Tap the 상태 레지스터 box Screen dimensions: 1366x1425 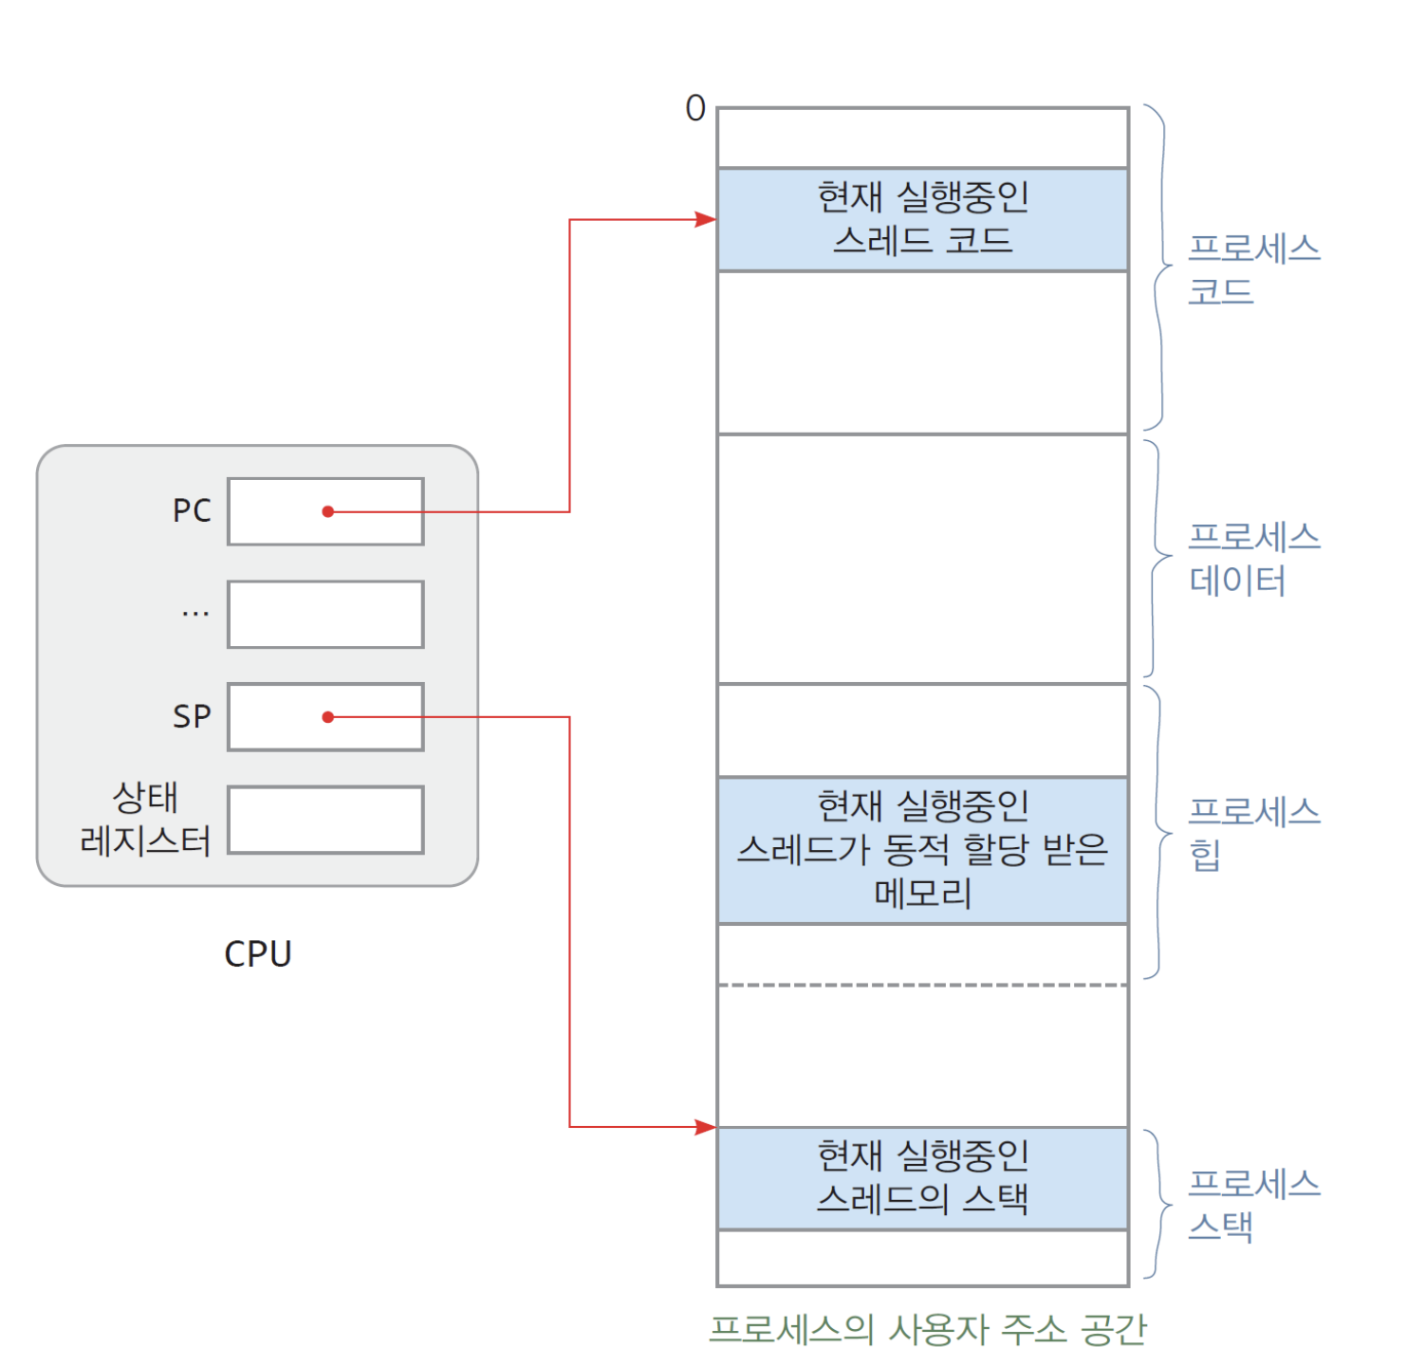(325, 820)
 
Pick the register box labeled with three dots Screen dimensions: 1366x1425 (325, 615)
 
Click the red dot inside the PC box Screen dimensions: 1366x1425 (327, 511)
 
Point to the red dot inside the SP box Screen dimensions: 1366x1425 (327, 717)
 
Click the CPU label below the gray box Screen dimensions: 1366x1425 (257, 953)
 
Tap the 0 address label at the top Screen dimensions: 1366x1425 (695, 109)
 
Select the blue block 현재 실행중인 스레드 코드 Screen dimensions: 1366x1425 (922, 220)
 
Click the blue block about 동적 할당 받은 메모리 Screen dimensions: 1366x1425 (922, 850)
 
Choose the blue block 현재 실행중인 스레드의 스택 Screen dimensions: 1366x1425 (922, 1178)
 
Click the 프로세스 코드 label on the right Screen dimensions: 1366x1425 (1252, 269)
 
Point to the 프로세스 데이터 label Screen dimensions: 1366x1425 (1252, 559)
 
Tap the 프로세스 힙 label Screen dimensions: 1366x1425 (1252, 832)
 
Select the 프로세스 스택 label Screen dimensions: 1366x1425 (1252, 1205)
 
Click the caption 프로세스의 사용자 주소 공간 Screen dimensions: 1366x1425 (927, 1330)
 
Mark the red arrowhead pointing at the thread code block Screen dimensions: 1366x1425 (705, 220)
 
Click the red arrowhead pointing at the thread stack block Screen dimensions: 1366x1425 (705, 1127)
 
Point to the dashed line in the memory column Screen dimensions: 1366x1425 (922, 986)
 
